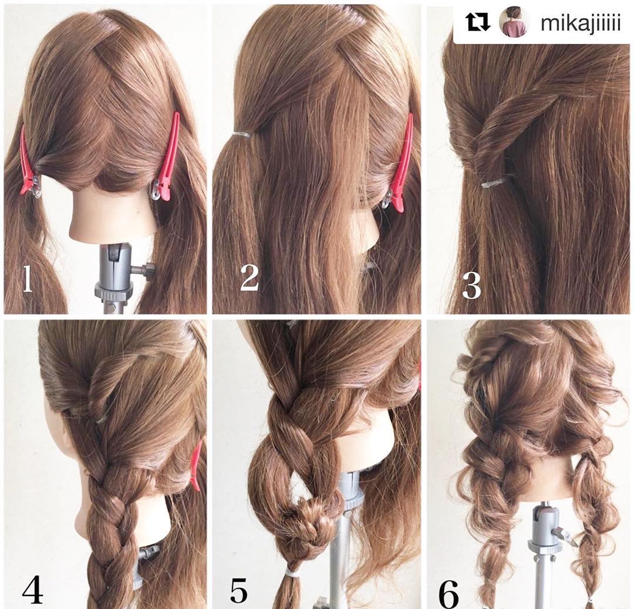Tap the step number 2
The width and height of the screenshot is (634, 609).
tap(249, 278)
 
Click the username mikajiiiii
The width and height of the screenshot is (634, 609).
tap(580, 23)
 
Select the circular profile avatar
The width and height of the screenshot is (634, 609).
tap(514, 23)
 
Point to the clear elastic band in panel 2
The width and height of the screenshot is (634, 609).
tap(242, 133)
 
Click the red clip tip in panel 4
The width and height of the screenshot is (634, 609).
tap(196, 466)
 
